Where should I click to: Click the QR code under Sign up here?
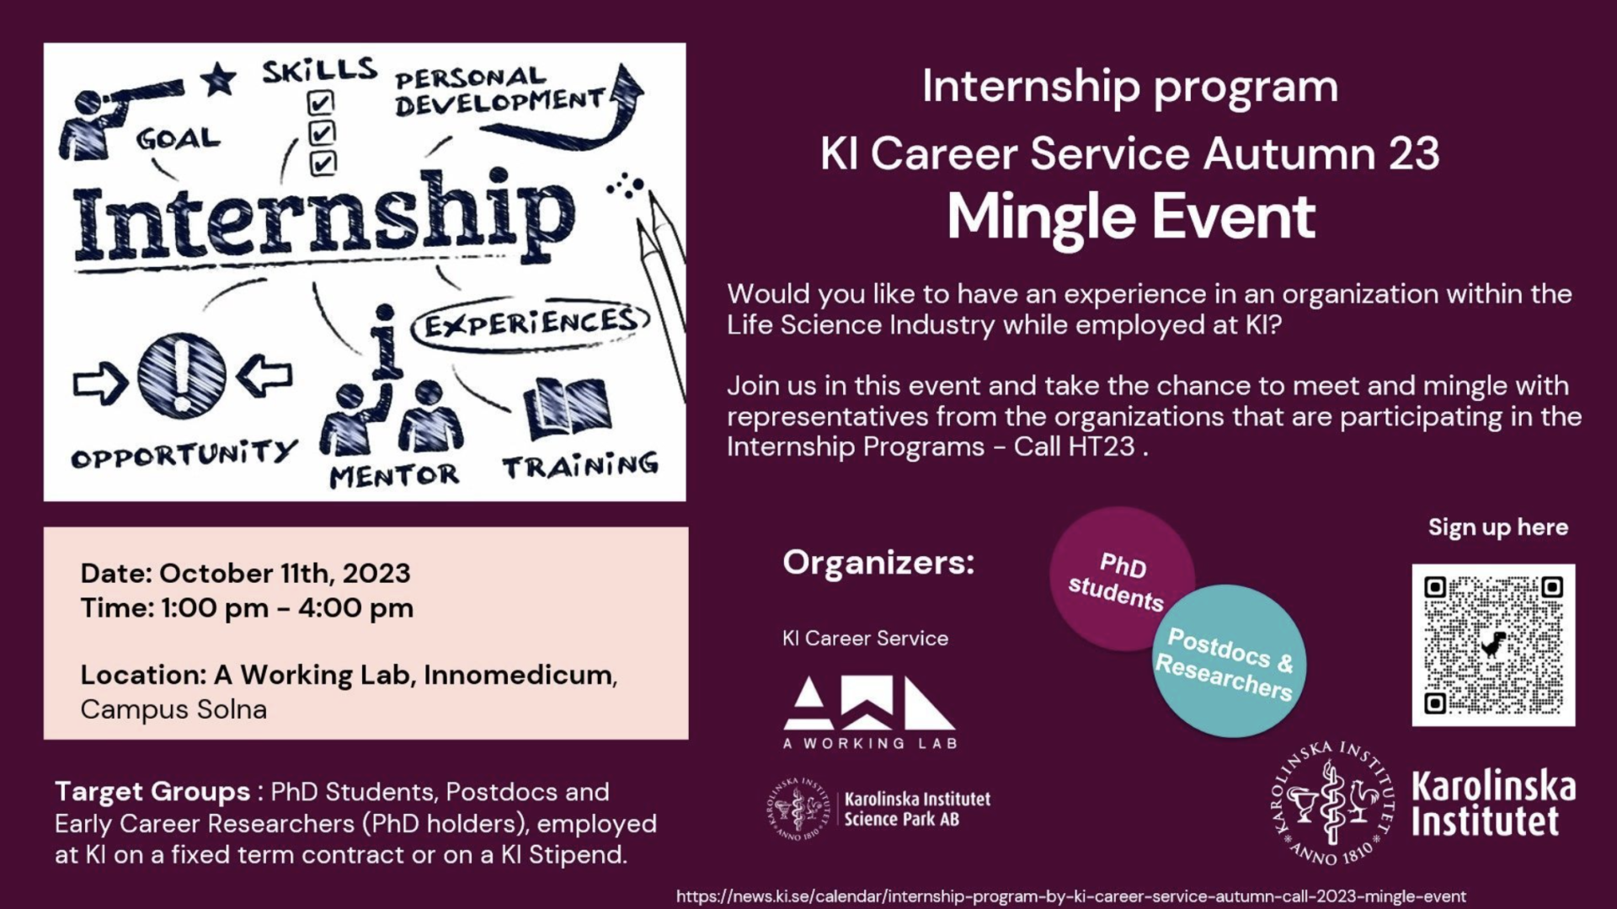coord(1493,644)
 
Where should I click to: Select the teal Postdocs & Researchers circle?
coord(1228,661)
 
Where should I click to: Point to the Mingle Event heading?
coord(1131,217)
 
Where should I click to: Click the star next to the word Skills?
coord(219,79)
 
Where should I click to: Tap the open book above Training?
coord(568,409)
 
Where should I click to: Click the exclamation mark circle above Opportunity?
coord(182,376)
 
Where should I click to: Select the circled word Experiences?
coord(531,323)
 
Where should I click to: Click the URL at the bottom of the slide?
coord(1071,896)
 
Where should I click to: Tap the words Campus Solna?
coord(173,709)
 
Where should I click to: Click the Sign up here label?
coord(1498,527)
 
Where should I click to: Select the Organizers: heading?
coord(878,562)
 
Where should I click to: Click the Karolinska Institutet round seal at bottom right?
coord(1332,803)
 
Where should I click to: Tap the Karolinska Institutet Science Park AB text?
coord(917,809)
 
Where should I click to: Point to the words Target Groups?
coord(152,792)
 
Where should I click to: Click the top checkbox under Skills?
coord(321,103)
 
